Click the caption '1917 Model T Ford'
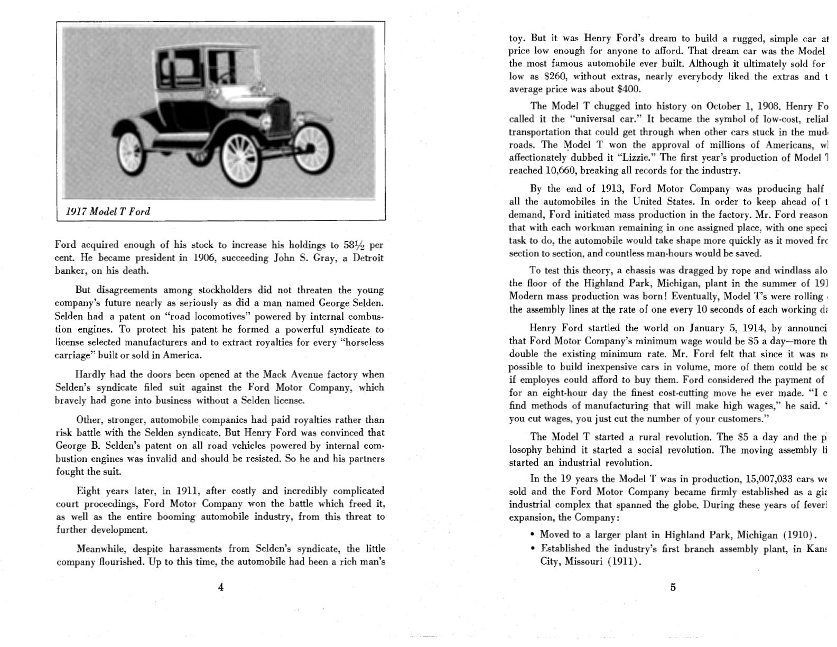coord(108,211)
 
